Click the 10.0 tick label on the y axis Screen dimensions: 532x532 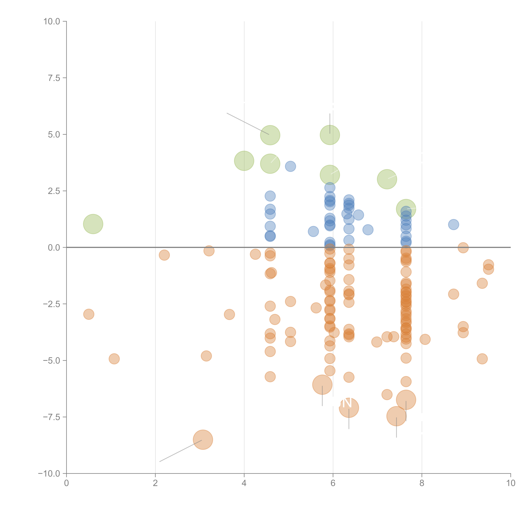52,21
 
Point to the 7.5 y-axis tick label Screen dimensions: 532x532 54,78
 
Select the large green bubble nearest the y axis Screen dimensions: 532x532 93,224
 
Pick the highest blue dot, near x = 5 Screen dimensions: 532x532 290,166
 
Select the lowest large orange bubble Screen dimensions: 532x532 203,439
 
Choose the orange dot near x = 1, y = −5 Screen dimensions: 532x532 114,359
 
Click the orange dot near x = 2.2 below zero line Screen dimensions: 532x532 164,255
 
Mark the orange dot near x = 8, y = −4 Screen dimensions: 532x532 425,339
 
